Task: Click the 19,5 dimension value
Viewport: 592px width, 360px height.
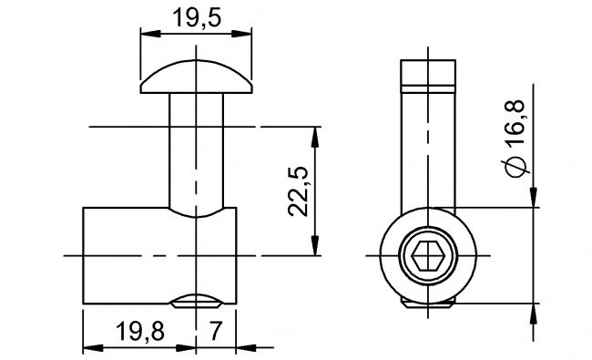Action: [x=195, y=17]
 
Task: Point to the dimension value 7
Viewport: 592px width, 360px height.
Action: [x=216, y=330]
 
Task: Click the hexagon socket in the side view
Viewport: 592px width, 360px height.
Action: [x=428, y=257]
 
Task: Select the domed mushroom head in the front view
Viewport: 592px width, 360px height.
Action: [x=195, y=80]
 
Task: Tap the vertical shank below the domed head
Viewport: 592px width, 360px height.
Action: [x=195, y=150]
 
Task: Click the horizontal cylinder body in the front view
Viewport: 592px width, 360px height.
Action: [x=128, y=255]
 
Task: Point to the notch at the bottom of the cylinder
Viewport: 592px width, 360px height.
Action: [x=196, y=300]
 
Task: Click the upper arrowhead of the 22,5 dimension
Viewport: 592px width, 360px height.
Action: [x=316, y=134]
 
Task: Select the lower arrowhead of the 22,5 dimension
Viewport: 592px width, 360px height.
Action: [x=316, y=248]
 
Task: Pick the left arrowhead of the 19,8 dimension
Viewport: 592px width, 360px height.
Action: [x=91, y=347]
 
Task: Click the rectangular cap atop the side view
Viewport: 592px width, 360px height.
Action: [x=428, y=74]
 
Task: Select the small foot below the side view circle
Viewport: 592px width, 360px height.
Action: [x=428, y=304]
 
